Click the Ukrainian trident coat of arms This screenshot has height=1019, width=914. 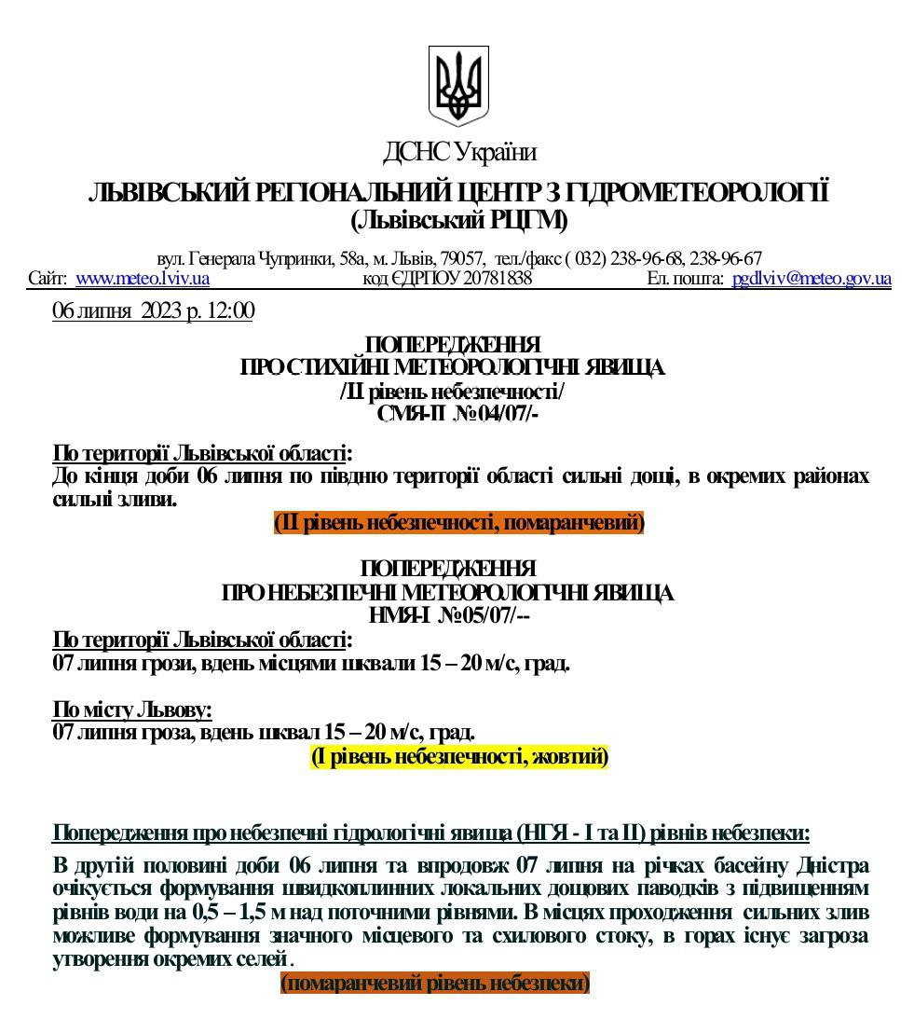click(458, 86)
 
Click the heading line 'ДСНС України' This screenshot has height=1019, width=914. click(458, 151)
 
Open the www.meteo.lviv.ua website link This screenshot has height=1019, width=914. click(142, 278)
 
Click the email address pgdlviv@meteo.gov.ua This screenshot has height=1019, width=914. click(812, 278)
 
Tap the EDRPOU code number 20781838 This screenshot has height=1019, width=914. click(498, 278)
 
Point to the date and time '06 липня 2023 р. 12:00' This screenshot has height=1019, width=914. click(153, 310)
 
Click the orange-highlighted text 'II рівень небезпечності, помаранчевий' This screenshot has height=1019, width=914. click(458, 523)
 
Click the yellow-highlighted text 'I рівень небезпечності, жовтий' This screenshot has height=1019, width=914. click(459, 756)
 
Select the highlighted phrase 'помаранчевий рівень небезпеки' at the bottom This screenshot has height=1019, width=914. click(435, 983)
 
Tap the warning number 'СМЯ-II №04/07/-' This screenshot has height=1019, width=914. click(457, 413)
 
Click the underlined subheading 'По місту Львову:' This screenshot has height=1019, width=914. click(132, 710)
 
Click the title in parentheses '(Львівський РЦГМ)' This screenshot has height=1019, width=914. click(458, 221)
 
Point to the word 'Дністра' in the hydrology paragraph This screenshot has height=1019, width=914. click(831, 865)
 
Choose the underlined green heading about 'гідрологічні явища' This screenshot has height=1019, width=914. click(430, 833)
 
